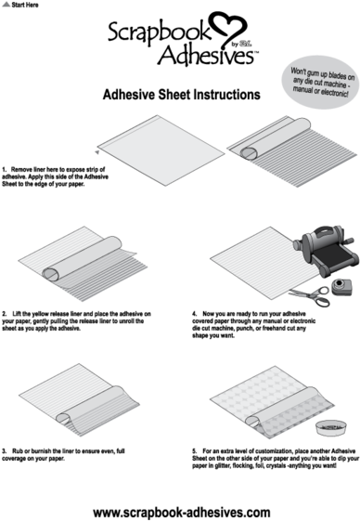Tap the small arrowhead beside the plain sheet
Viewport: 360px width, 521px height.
point(96,151)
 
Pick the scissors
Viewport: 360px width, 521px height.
point(311,294)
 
